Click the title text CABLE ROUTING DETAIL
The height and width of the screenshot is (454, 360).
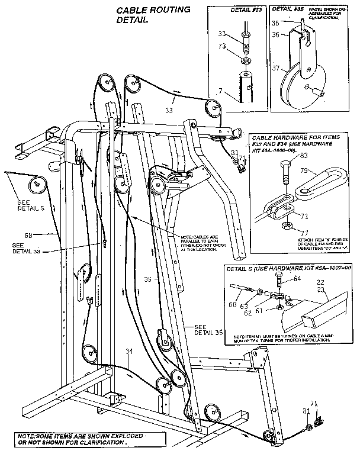click(144, 15)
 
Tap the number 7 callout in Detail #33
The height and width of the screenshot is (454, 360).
click(221, 92)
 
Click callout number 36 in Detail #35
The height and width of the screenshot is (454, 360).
click(276, 35)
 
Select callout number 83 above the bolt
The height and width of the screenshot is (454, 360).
click(303, 156)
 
